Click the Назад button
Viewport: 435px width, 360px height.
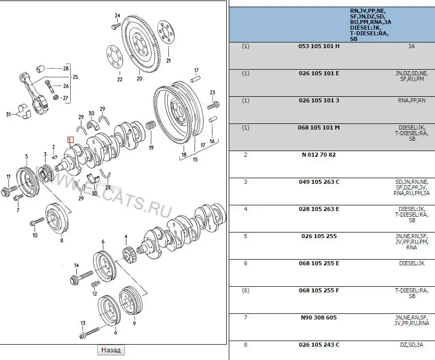111,350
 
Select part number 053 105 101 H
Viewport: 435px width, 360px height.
318,46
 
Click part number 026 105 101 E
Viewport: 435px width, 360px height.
318,73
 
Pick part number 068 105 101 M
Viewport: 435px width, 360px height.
318,128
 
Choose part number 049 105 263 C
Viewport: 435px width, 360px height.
318,182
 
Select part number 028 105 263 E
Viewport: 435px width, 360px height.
318,209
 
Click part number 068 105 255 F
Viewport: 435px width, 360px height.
318,290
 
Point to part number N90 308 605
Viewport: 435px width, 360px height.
318,317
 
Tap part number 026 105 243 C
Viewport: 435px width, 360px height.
318,345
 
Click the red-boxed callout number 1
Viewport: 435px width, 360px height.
71,140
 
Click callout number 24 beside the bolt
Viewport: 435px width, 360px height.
117,15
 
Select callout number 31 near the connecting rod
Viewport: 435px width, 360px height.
8,114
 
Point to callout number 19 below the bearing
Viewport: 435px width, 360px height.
151,148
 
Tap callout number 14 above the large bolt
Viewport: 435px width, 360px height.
76,265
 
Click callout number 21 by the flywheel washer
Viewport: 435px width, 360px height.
168,61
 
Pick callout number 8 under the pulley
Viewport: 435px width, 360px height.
61,240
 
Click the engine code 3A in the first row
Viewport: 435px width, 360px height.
411,46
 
